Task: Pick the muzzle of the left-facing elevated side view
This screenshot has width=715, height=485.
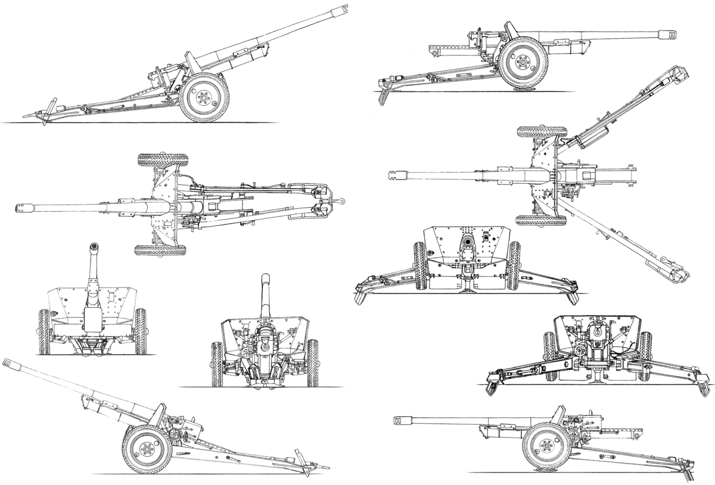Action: [x=8, y=362]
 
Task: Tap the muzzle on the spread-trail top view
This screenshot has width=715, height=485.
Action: [x=395, y=174]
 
